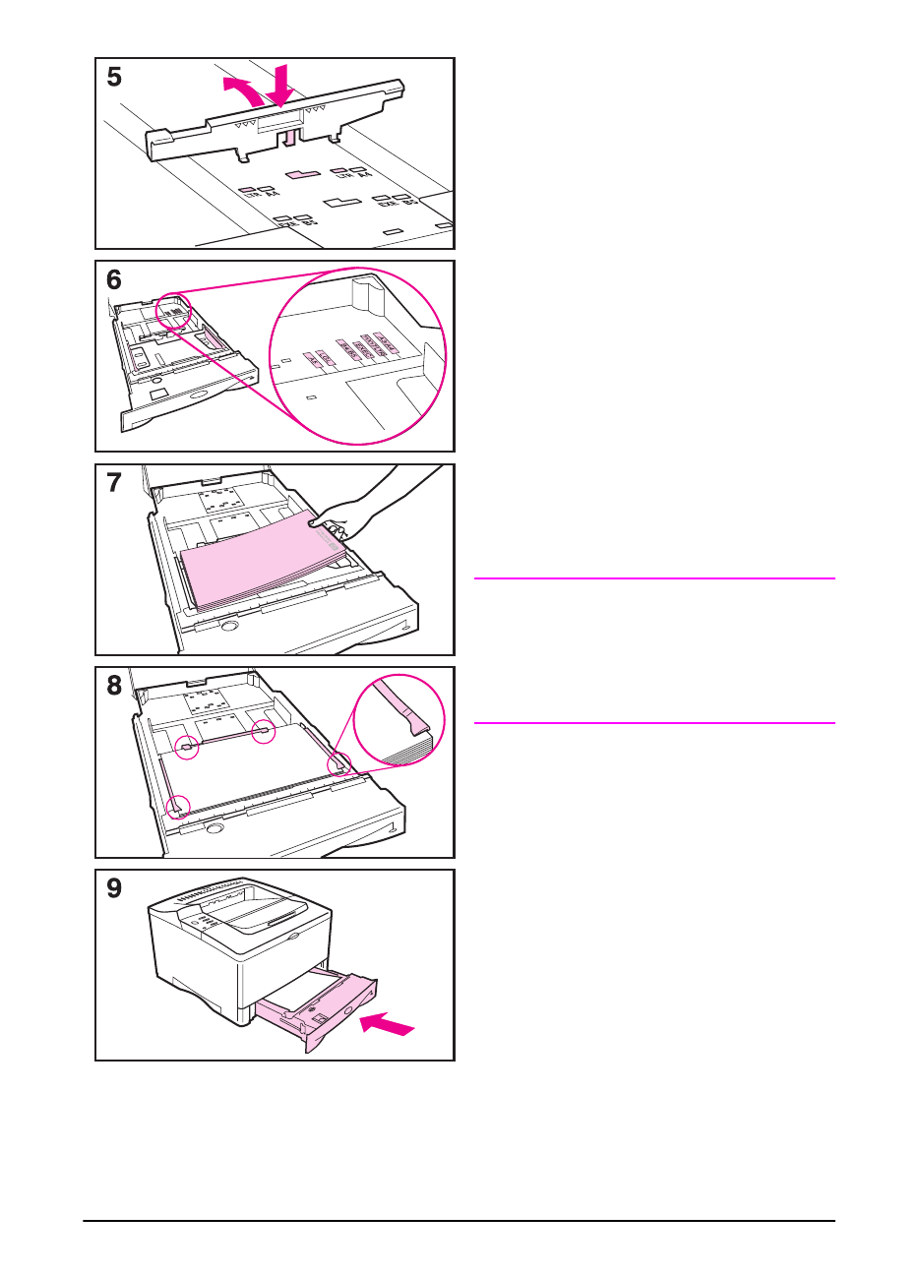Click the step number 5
point(115,77)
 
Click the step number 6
point(115,280)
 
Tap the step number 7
point(115,483)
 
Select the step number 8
point(115,686)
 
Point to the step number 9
point(115,888)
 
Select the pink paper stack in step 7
point(261,566)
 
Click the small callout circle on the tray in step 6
point(171,313)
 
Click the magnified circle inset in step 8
point(399,720)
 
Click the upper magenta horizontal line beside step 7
point(654,578)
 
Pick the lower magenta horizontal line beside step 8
point(654,723)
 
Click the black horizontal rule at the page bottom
point(459,1222)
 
